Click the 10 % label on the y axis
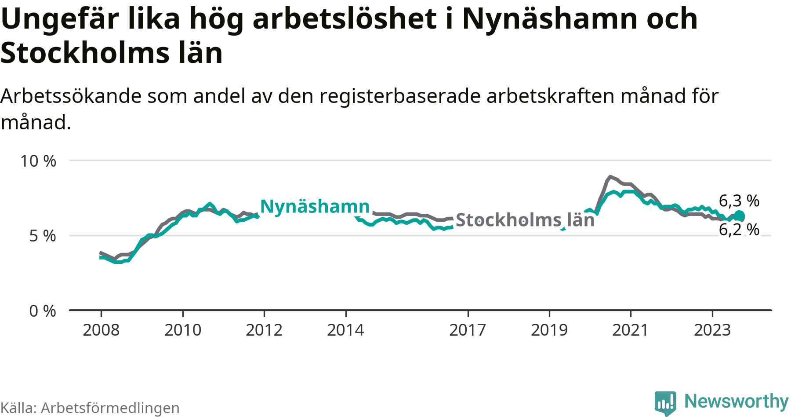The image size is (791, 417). (38, 161)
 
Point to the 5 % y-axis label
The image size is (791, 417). (43, 236)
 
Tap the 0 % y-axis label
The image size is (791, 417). (43, 311)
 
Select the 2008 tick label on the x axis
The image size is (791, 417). (101, 330)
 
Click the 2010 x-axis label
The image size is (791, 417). (183, 330)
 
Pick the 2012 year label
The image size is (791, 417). (264, 330)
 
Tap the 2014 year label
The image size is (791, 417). (345, 330)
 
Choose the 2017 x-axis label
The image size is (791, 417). (468, 330)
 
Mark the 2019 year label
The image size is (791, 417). (549, 330)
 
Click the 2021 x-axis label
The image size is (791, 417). (631, 330)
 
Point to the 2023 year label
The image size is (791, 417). (712, 330)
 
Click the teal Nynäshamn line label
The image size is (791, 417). (315, 206)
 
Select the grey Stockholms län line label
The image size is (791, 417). (525, 220)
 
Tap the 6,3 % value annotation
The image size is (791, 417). (739, 201)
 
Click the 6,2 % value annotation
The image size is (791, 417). (739, 230)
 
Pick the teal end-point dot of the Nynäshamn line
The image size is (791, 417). (739, 216)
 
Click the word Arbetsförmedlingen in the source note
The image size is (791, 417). (110, 408)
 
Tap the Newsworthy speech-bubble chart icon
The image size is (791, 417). (665, 402)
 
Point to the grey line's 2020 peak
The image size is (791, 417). (610, 177)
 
